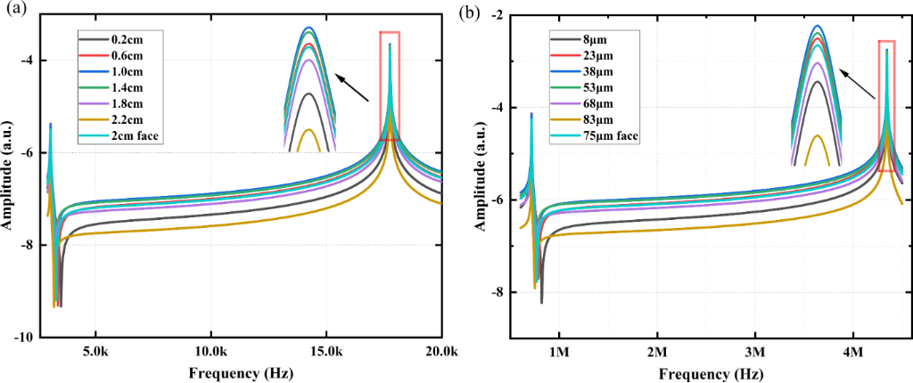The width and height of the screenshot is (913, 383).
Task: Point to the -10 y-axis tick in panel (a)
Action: pos(23,338)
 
